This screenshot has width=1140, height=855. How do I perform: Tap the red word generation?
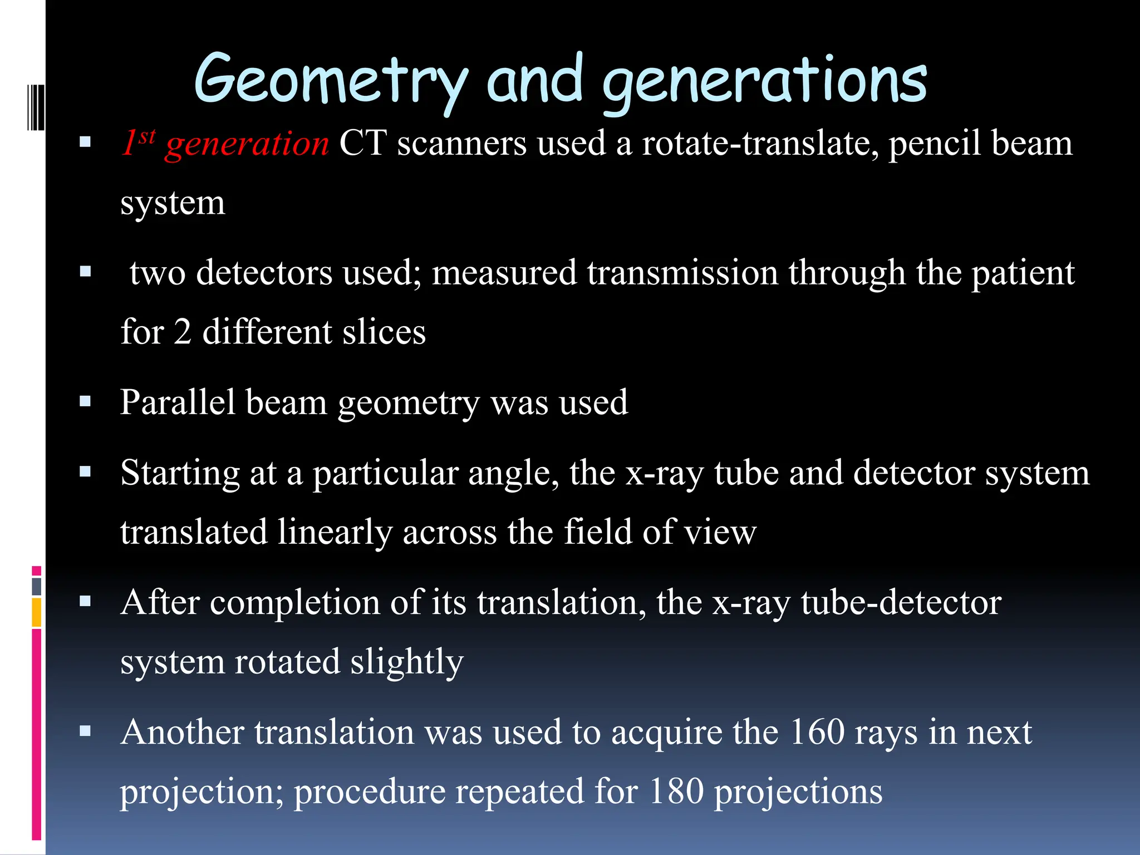247,144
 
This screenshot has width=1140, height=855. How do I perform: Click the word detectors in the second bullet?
264,273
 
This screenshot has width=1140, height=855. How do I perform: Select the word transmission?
682,273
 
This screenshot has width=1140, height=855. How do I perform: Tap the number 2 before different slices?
183,332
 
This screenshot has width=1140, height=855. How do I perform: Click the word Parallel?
178,402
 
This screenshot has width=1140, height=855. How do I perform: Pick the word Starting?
180,474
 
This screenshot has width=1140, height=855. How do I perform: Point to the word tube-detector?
901,603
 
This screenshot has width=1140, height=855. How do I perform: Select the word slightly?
407,662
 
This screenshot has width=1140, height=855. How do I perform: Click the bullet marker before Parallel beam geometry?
85,402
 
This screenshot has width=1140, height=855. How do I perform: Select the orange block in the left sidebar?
36,612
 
